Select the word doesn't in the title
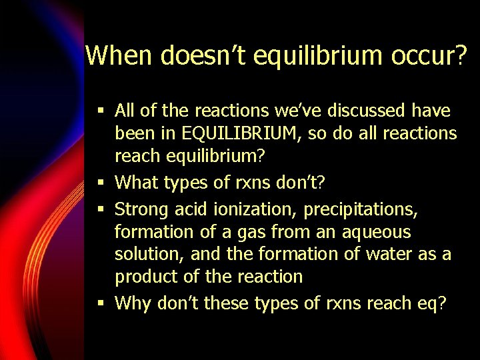209,55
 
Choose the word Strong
142,210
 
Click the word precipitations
361,210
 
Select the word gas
257,233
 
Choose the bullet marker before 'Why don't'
100,303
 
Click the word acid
191,210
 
